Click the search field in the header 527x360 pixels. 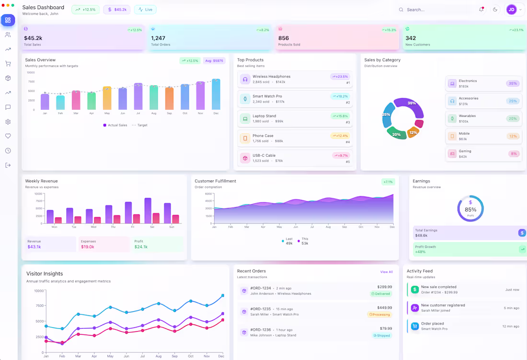click(x=434, y=10)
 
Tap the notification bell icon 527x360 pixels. click(x=481, y=10)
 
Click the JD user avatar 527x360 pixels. click(x=511, y=10)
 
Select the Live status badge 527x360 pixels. click(x=145, y=10)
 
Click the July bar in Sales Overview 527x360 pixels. click(x=138, y=97)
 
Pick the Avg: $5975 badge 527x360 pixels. click(x=214, y=61)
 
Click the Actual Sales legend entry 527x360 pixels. click(x=115, y=125)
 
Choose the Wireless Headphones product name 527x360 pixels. click(x=271, y=77)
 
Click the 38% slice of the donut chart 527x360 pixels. click(x=412, y=106)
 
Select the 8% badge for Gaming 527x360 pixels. click(x=514, y=154)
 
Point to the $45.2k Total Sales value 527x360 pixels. click(x=33, y=38)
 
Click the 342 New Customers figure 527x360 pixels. click(x=411, y=38)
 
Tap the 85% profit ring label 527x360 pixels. click(x=470, y=209)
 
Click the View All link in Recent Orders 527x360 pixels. click(x=386, y=272)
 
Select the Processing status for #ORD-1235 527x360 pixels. click(x=379, y=314)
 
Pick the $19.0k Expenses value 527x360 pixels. click(x=88, y=247)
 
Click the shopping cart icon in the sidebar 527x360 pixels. click(x=8, y=64)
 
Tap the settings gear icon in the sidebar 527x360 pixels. click(x=8, y=122)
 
